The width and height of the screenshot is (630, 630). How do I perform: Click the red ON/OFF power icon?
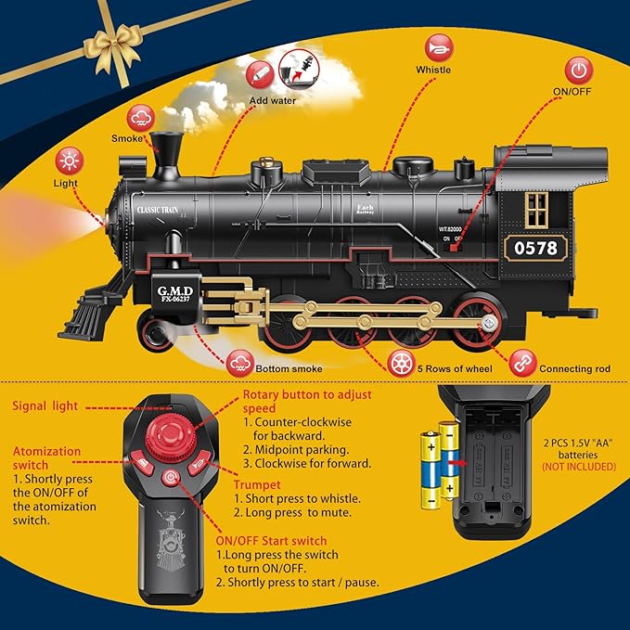click(580, 71)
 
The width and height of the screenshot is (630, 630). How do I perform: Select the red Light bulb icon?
click(68, 161)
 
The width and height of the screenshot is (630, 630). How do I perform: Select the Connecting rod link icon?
click(522, 360)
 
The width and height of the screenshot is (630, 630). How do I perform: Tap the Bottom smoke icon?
click(238, 362)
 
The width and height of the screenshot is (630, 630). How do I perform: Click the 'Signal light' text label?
click(58, 406)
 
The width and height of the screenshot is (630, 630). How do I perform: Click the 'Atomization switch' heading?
click(46, 458)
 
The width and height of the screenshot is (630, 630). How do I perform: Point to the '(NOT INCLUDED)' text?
click(578, 467)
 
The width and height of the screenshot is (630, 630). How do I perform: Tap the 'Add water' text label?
click(272, 100)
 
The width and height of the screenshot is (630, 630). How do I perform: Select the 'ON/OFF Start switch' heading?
click(271, 541)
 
